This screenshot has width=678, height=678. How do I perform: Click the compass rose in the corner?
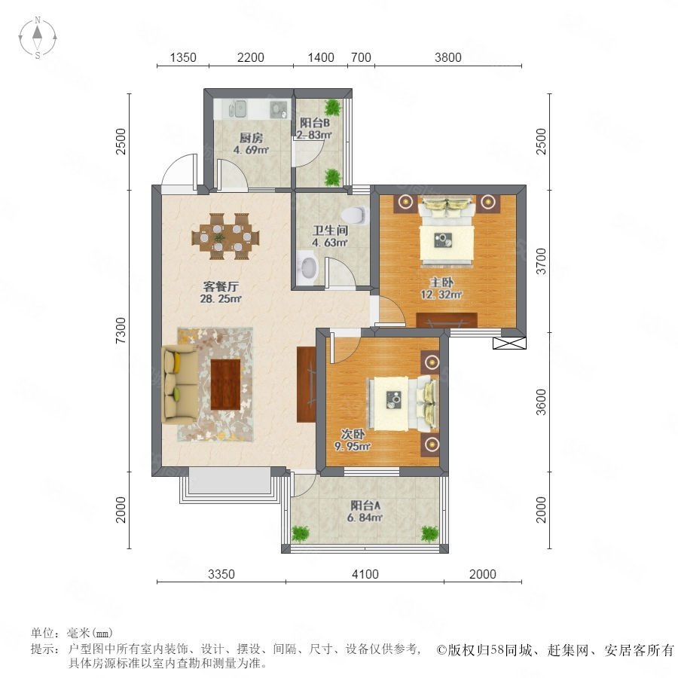[38, 38]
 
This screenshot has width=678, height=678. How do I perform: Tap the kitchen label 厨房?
[251, 138]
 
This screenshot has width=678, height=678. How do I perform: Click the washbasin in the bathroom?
[308, 267]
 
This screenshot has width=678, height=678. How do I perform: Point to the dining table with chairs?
[226, 237]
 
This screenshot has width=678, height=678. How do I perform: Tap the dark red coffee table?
[225, 384]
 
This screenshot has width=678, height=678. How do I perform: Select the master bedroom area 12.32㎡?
[441, 295]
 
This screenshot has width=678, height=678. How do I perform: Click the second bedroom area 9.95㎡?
[353, 446]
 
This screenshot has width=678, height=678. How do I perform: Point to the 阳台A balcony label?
[365, 505]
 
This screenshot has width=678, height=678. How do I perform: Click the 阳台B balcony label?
[315, 123]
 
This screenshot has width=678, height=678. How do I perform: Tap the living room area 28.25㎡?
[221, 298]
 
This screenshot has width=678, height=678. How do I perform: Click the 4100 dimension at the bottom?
[365, 574]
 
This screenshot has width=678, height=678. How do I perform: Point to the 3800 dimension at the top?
[448, 57]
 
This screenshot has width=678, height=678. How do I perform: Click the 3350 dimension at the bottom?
[221, 574]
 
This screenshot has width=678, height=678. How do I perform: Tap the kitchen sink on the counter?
[237, 109]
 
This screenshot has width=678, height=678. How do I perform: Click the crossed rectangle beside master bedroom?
[509, 344]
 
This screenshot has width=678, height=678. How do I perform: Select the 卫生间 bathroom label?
[331, 231]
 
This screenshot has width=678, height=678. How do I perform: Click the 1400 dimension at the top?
[321, 57]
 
